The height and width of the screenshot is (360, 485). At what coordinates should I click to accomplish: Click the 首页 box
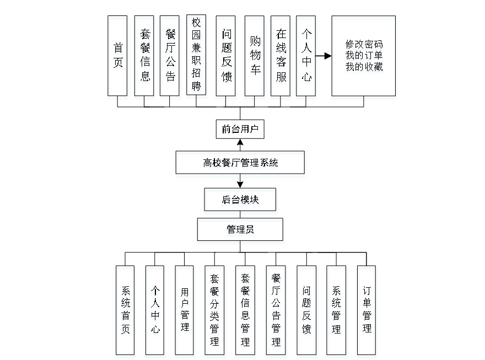coord(118,58)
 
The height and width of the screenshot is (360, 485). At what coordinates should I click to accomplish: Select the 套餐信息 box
coord(145,58)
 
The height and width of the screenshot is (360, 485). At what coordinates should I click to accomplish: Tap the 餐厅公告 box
coord(171,58)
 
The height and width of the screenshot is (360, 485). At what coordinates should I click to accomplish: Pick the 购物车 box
coord(255,58)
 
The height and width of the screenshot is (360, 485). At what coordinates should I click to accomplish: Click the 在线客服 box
coord(282,58)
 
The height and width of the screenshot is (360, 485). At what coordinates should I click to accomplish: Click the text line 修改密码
coord(364,45)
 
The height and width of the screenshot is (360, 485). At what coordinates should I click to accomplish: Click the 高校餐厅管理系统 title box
coord(240,164)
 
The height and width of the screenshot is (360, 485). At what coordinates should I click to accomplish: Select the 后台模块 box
coord(241,201)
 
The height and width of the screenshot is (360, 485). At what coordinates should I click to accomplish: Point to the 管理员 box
coord(241,232)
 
